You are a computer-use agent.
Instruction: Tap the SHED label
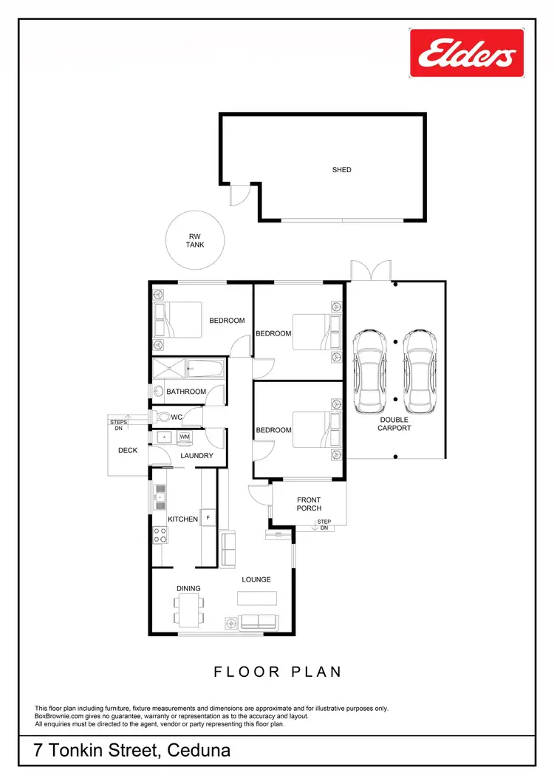341,170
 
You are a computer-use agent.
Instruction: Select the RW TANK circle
195,240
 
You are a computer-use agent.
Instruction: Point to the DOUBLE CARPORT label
394,423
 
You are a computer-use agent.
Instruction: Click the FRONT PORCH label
309,504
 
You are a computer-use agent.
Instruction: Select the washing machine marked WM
184,437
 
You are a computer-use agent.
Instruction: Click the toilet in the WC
163,417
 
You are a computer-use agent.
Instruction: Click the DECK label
128,450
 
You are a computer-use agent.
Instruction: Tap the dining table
188,610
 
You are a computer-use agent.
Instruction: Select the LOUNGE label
256,579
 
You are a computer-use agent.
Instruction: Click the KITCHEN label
182,519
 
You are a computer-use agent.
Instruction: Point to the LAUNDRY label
197,456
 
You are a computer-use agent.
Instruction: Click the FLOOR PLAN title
278,672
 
